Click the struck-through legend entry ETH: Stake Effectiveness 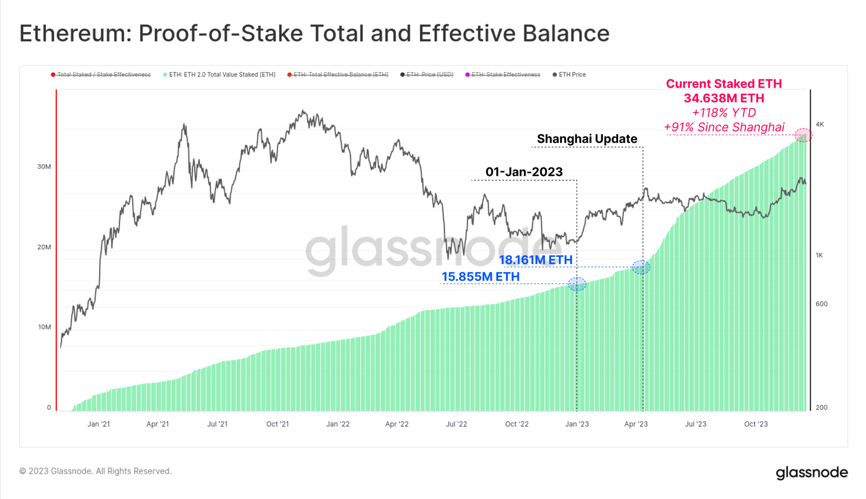coord(506,75)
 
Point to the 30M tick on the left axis coord(44,167)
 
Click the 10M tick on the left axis coord(44,327)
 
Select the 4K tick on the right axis coord(820,124)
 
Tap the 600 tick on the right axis coord(821,304)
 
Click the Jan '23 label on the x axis coord(577,424)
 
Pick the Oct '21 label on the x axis coord(278,424)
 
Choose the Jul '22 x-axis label coord(456,424)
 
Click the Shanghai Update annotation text coord(587,139)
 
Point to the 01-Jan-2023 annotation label coord(524,172)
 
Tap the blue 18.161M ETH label coord(535,260)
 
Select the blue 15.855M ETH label coord(481,277)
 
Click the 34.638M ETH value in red coord(724,99)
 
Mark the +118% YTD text coord(724,113)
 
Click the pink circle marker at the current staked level coord(803,135)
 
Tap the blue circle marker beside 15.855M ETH coord(577,284)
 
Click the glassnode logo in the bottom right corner coord(812,472)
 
